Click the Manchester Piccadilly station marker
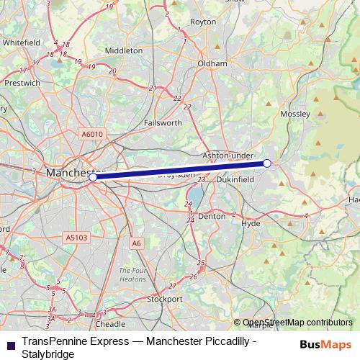(x=93, y=176)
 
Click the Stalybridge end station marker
(x=267, y=163)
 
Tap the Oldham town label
(x=212, y=63)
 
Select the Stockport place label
(x=165, y=298)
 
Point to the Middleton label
(x=124, y=51)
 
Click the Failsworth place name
(x=162, y=123)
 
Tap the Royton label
(x=203, y=22)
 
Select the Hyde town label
(x=251, y=224)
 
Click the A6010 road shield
(x=92, y=134)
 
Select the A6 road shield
(x=137, y=243)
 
